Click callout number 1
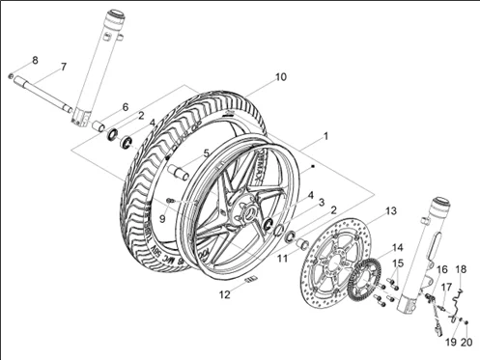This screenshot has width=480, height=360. point(325,136)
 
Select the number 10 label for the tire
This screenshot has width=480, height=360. point(281,77)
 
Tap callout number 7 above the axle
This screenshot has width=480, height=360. point(63,67)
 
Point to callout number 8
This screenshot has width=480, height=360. point(35,61)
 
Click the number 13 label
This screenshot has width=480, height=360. point(391,209)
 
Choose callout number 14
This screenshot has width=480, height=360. point(398,248)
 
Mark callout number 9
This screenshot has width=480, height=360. point(162,218)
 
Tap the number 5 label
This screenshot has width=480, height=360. point(206,153)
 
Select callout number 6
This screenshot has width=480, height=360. point(125,106)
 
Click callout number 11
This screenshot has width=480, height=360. point(283,258)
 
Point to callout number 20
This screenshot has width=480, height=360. point(466,342)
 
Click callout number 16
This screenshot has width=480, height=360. point(442,269)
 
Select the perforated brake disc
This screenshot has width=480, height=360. point(332,253)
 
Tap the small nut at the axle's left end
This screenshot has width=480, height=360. point(11,75)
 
